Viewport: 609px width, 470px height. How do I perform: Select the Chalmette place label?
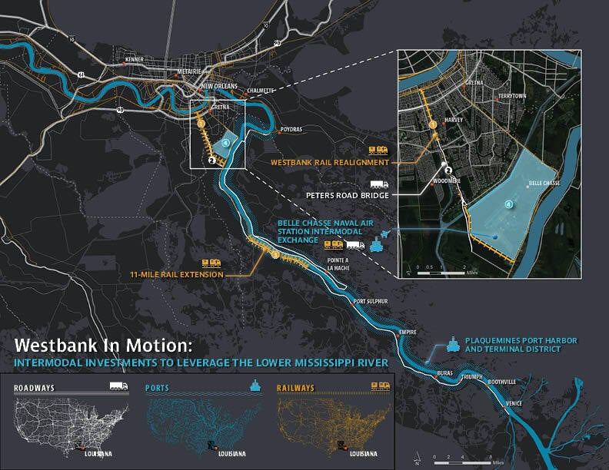(x=261, y=91)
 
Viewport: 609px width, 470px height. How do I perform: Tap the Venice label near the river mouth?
(x=515, y=403)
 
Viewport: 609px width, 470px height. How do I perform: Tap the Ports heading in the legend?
(x=160, y=389)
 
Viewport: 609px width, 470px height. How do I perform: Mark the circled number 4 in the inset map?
(x=508, y=204)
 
